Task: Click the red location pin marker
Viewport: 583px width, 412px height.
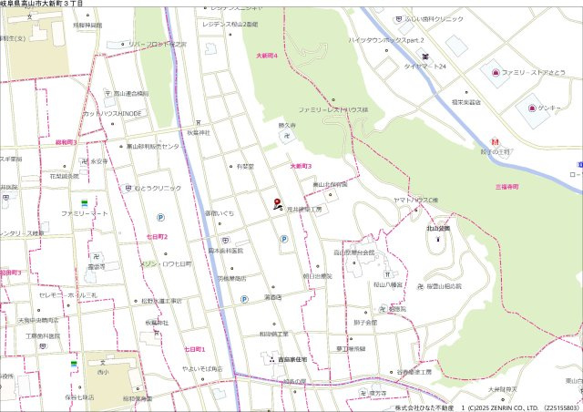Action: pos(277,202)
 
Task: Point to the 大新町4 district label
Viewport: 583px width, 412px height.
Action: pos(266,57)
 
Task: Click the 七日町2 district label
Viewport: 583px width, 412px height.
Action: pos(158,236)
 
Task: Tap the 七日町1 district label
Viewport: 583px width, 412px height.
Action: pos(195,349)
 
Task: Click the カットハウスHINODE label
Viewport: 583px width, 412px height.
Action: pos(113,113)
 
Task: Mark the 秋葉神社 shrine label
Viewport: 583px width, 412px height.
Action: pos(199,133)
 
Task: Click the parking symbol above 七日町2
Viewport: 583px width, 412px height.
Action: pos(161,217)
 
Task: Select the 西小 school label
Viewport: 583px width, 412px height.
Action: pos(101,372)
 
